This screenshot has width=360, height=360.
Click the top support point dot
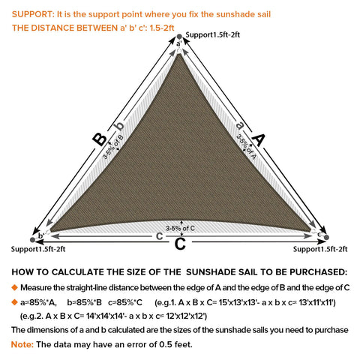[x=179, y=37]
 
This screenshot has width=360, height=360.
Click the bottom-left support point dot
[x=32, y=240]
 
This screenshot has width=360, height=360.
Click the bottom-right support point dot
[x=326, y=237]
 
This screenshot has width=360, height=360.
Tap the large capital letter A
[x=258, y=139]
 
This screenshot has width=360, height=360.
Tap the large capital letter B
[x=100, y=139]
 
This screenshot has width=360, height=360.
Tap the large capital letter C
[x=180, y=244]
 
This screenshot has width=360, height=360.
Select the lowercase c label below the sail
[x=159, y=236]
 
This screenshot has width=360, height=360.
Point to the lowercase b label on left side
[x=120, y=126]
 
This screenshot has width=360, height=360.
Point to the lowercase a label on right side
[x=240, y=125]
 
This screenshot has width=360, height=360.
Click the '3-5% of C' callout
[x=180, y=228]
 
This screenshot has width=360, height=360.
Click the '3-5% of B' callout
[x=113, y=147]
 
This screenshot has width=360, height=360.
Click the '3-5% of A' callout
[x=247, y=147]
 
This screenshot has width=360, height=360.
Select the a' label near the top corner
[x=179, y=43]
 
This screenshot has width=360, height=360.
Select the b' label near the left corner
[x=41, y=235]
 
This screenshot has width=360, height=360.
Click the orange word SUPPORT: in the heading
[x=33, y=14]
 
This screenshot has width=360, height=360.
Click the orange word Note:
[x=22, y=344]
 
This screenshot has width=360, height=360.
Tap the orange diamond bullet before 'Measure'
[x=15, y=287]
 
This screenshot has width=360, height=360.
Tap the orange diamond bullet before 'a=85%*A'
[x=15, y=302]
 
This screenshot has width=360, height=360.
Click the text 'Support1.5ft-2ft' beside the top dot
[x=213, y=34]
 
